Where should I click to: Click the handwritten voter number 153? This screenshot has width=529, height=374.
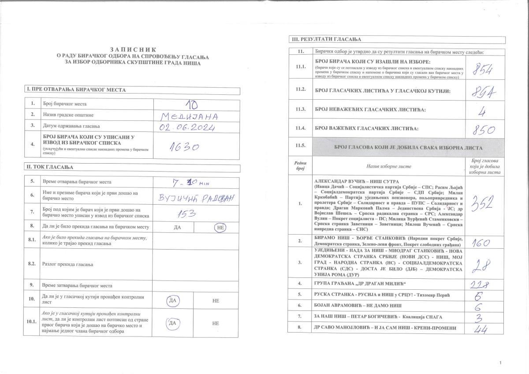pyautogui.click(x=186, y=214)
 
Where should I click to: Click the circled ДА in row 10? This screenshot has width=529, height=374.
pyautogui.click(x=172, y=301)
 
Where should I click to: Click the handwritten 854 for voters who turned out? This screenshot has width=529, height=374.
pyautogui.click(x=484, y=69)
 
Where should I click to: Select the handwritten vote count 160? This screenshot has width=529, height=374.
pyautogui.click(x=483, y=242)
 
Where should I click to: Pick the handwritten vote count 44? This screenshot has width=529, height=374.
pyautogui.click(x=482, y=329)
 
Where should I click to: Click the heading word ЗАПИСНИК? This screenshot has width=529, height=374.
pyautogui.click(x=133, y=50)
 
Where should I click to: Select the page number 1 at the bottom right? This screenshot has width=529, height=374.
pyautogui.click(x=501, y=363)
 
